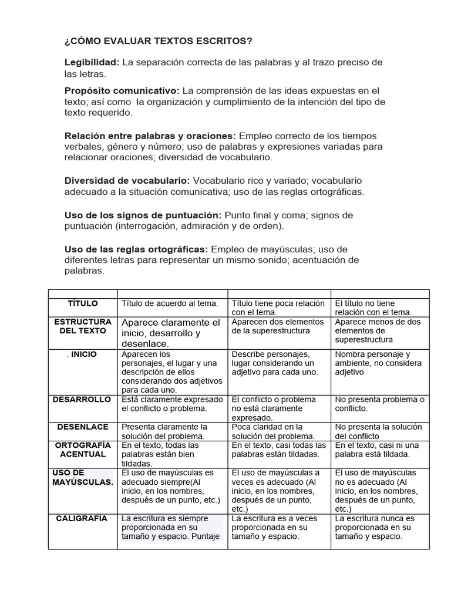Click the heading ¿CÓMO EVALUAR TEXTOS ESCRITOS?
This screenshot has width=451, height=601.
point(158,41)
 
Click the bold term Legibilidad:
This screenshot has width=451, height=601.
point(92,62)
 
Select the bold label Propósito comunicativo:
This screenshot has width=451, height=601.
point(122,91)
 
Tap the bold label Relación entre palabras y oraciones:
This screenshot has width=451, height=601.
point(150,136)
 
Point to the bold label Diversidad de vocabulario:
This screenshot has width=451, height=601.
point(127,181)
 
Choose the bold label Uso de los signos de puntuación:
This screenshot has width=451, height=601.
point(143,215)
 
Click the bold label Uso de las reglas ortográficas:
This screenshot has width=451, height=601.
point(136,249)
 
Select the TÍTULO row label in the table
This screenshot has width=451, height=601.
point(83,303)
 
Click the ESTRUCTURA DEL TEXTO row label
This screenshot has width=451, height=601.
point(83,326)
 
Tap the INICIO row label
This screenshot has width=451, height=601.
point(83,354)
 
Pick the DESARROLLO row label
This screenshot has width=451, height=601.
point(82,399)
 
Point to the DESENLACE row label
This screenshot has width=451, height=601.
point(82,427)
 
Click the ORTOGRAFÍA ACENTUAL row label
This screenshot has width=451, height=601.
point(83,450)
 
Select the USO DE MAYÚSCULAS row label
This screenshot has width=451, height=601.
point(82,477)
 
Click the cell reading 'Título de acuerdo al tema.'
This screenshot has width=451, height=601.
point(170,303)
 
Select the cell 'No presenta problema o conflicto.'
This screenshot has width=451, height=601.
point(379,404)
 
